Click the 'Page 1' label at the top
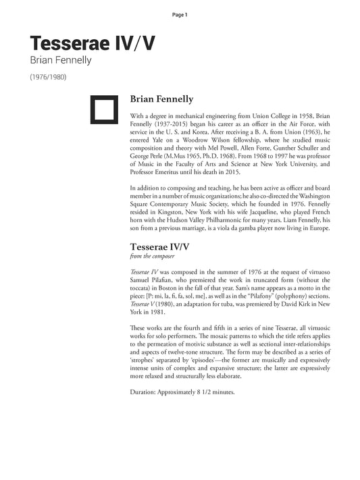coord(180,14)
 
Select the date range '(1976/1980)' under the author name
coord(48,76)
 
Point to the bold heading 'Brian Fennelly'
coord(161,99)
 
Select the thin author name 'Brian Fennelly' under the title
coord(60,61)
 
